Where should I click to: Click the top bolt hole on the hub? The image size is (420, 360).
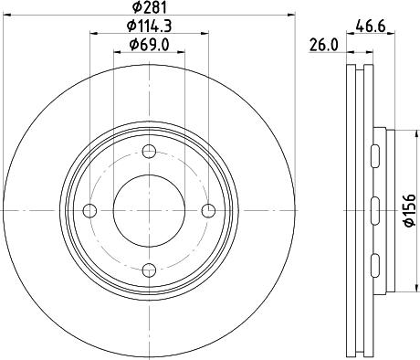pyautogui.click(x=149, y=152)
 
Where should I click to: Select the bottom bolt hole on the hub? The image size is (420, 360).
pyautogui.click(x=149, y=270)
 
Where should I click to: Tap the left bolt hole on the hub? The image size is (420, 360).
pyautogui.click(x=89, y=211)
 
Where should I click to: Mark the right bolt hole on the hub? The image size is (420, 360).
pyautogui.click(x=208, y=211)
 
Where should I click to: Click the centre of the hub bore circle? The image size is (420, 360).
pyautogui.click(x=149, y=211)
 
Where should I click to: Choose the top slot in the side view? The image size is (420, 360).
pyautogui.click(x=375, y=157)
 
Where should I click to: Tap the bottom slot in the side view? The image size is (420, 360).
pyautogui.click(x=375, y=265)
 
